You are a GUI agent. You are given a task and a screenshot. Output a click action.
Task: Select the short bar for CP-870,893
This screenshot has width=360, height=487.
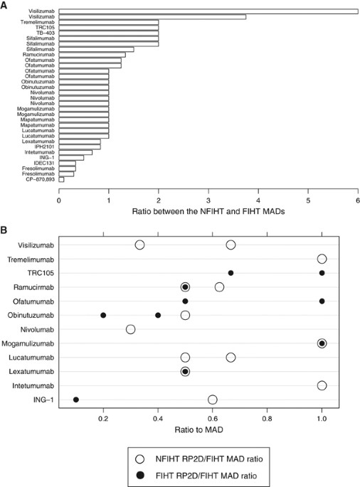(61, 179)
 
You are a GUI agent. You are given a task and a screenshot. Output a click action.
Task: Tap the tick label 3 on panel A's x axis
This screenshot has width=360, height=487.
(208, 200)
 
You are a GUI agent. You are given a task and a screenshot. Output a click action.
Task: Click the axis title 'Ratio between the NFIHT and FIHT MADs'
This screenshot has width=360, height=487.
(208, 213)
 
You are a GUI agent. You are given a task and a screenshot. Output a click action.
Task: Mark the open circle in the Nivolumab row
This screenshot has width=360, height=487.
(131, 329)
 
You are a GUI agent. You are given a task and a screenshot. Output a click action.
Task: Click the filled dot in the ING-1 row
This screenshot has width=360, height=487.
(76, 400)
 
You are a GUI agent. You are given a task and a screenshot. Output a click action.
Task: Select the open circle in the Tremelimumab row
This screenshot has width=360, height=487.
(322, 259)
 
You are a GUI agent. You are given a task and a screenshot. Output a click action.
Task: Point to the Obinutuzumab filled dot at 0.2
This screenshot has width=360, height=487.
(104, 315)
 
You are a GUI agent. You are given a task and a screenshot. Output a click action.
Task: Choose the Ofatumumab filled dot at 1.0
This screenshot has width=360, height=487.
(322, 301)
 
